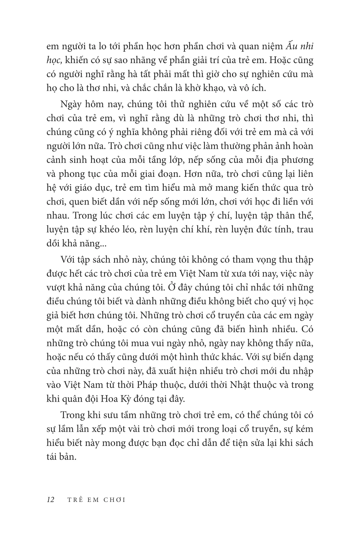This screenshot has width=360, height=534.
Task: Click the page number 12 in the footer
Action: click(50, 500)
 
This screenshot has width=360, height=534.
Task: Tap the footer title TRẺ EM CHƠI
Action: click(96, 500)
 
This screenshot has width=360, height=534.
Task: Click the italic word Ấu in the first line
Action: click(292, 47)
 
